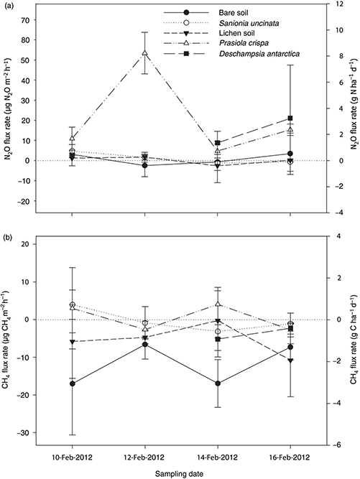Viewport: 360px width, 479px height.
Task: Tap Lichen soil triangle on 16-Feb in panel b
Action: point(290,361)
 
